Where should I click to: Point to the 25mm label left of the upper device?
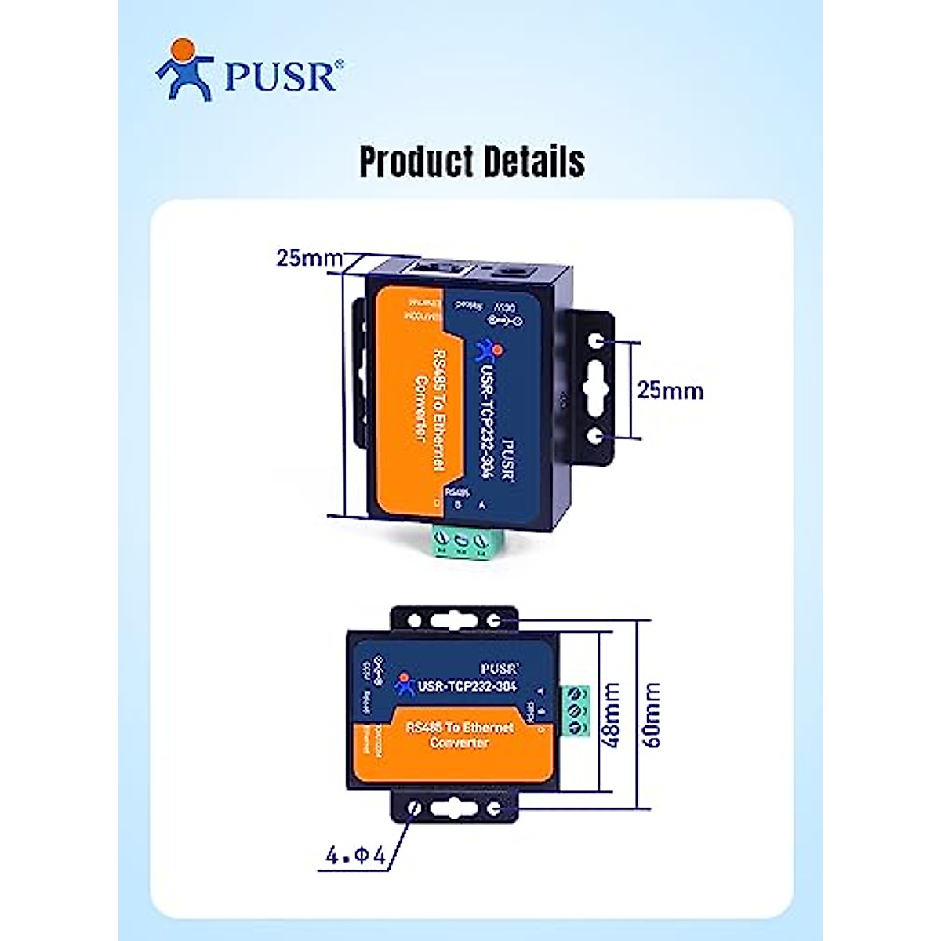pos(309,258)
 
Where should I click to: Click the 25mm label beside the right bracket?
pos(670,390)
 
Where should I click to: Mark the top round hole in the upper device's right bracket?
pos(598,342)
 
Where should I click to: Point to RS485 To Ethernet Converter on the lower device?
pos(460,735)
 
